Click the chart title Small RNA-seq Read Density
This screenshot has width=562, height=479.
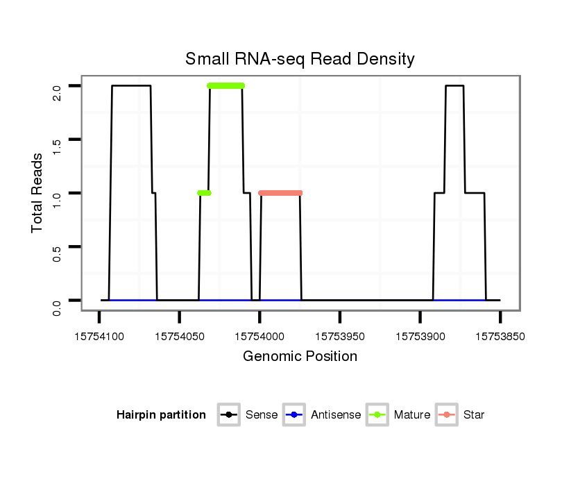click(300, 59)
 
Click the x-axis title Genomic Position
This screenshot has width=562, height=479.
click(300, 357)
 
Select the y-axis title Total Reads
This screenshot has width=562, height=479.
click(37, 192)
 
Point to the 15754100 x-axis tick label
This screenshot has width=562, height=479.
click(99, 337)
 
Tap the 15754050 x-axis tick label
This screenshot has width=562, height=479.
click(179, 337)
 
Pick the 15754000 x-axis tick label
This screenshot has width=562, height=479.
click(259, 337)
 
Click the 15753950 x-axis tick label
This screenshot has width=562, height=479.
click(340, 337)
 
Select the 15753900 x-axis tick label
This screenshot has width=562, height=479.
click(420, 337)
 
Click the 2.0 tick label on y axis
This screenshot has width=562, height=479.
click(57, 86)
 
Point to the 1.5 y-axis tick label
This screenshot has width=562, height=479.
click(57, 140)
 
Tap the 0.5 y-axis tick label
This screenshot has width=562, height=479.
click(57, 246)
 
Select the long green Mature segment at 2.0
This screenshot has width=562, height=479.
click(226, 85)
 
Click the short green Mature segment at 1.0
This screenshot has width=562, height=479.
click(204, 193)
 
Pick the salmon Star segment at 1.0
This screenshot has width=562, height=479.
click(280, 193)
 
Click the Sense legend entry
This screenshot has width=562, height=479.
click(248, 415)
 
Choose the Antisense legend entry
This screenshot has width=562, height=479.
click(323, 415)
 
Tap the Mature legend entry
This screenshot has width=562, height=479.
click(398, 415)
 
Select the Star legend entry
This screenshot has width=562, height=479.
click(461, 415)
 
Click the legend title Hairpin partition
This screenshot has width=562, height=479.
click(161, 415)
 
